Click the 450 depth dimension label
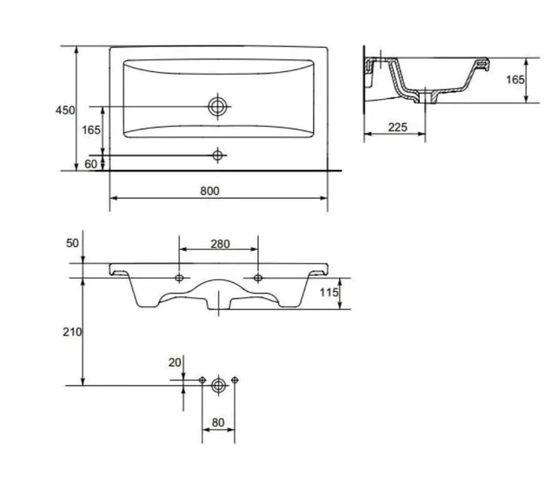click(65, 111)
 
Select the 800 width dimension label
click(210, 191)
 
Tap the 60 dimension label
click(91, 164)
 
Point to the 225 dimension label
click(398, 127)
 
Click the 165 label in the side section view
click(515, 80)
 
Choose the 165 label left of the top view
click(91, 130)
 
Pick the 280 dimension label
click(220, 243)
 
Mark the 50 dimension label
click(73, 243)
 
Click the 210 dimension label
click(73, 332)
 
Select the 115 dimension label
click(329, 292)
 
